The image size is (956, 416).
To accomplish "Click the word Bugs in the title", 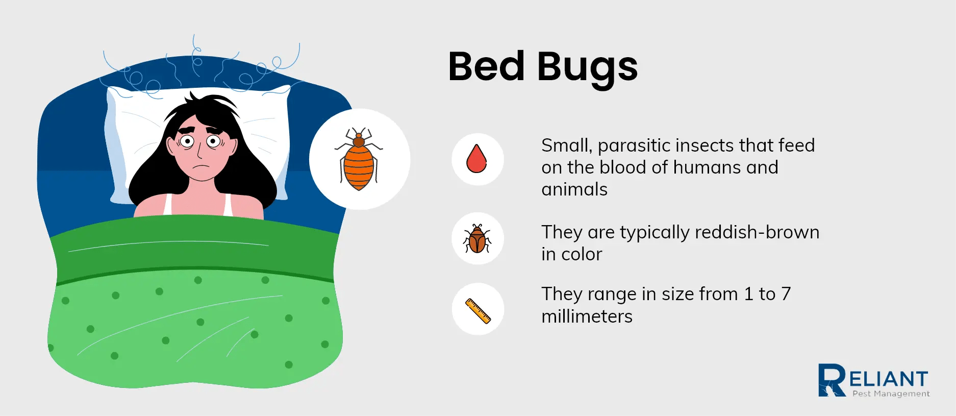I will coord(587,67).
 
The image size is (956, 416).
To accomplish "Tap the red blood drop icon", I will coord(477,159).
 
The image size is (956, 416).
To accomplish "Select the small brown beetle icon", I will coord(477,238).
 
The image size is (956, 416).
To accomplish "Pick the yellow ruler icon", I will coord(478,310).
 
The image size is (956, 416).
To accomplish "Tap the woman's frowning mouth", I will coord(202,166).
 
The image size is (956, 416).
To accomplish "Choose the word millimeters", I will coord(587,316).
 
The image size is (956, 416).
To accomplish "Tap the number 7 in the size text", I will coord(786,294).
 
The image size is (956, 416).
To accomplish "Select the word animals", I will coord(574,189).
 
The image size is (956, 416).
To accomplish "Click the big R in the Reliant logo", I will coord(832,380).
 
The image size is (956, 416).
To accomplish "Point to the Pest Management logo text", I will coord(891,394).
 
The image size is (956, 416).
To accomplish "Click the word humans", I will coord(707,167).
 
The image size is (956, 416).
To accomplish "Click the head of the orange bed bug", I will coord(359,137).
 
